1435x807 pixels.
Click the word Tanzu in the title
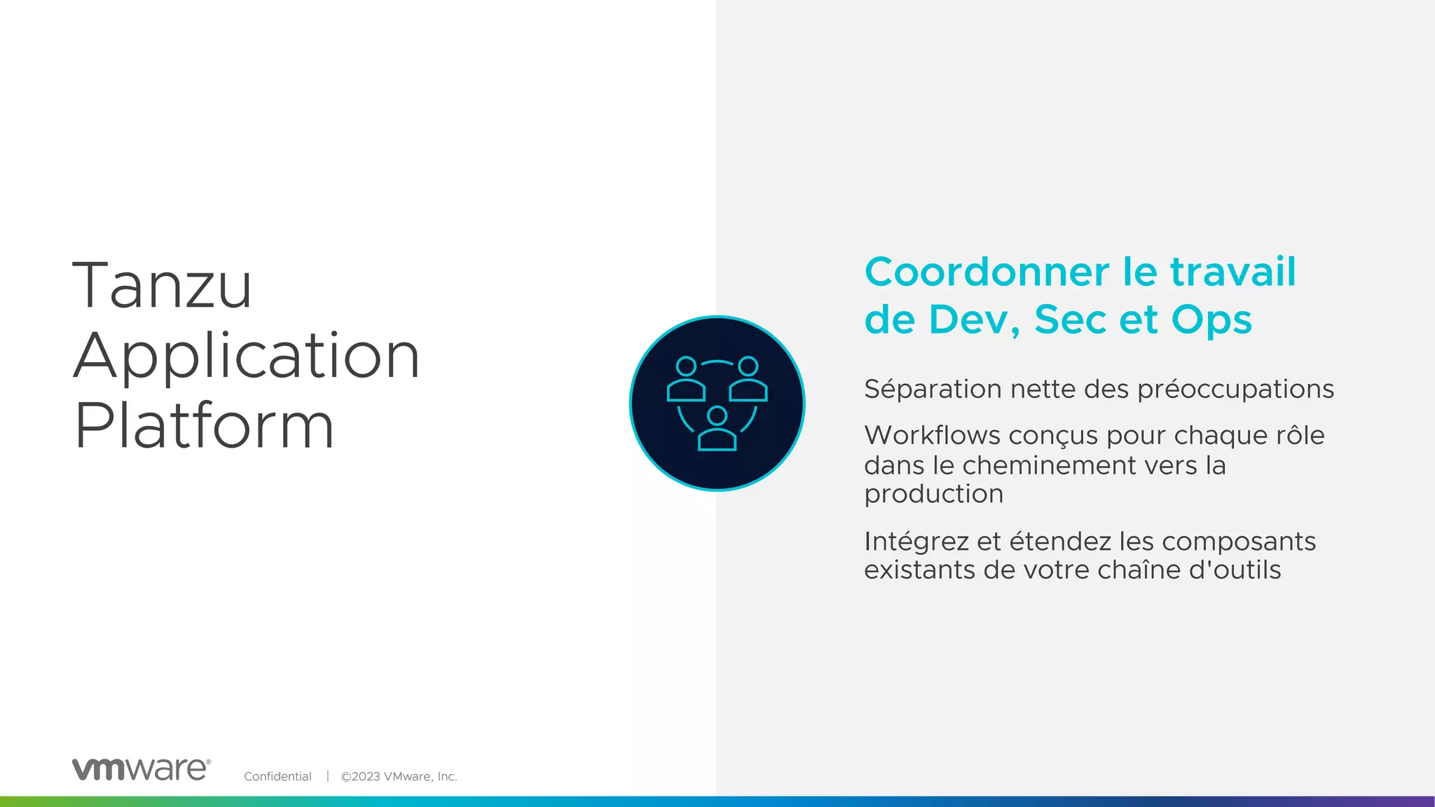[162, 285]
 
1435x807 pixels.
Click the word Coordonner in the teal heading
[987, 273]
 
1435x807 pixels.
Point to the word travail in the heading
[1233, 273]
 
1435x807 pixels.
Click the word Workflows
[931, 435]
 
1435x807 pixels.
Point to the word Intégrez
[916, 542]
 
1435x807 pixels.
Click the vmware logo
[141, 769]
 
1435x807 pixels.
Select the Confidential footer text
[277, 776]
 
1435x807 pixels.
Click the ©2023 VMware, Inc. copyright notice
[399, 776]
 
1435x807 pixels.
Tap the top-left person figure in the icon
[686, 380]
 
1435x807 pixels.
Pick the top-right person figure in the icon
[748, 380]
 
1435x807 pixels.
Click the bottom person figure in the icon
[717, 429]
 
